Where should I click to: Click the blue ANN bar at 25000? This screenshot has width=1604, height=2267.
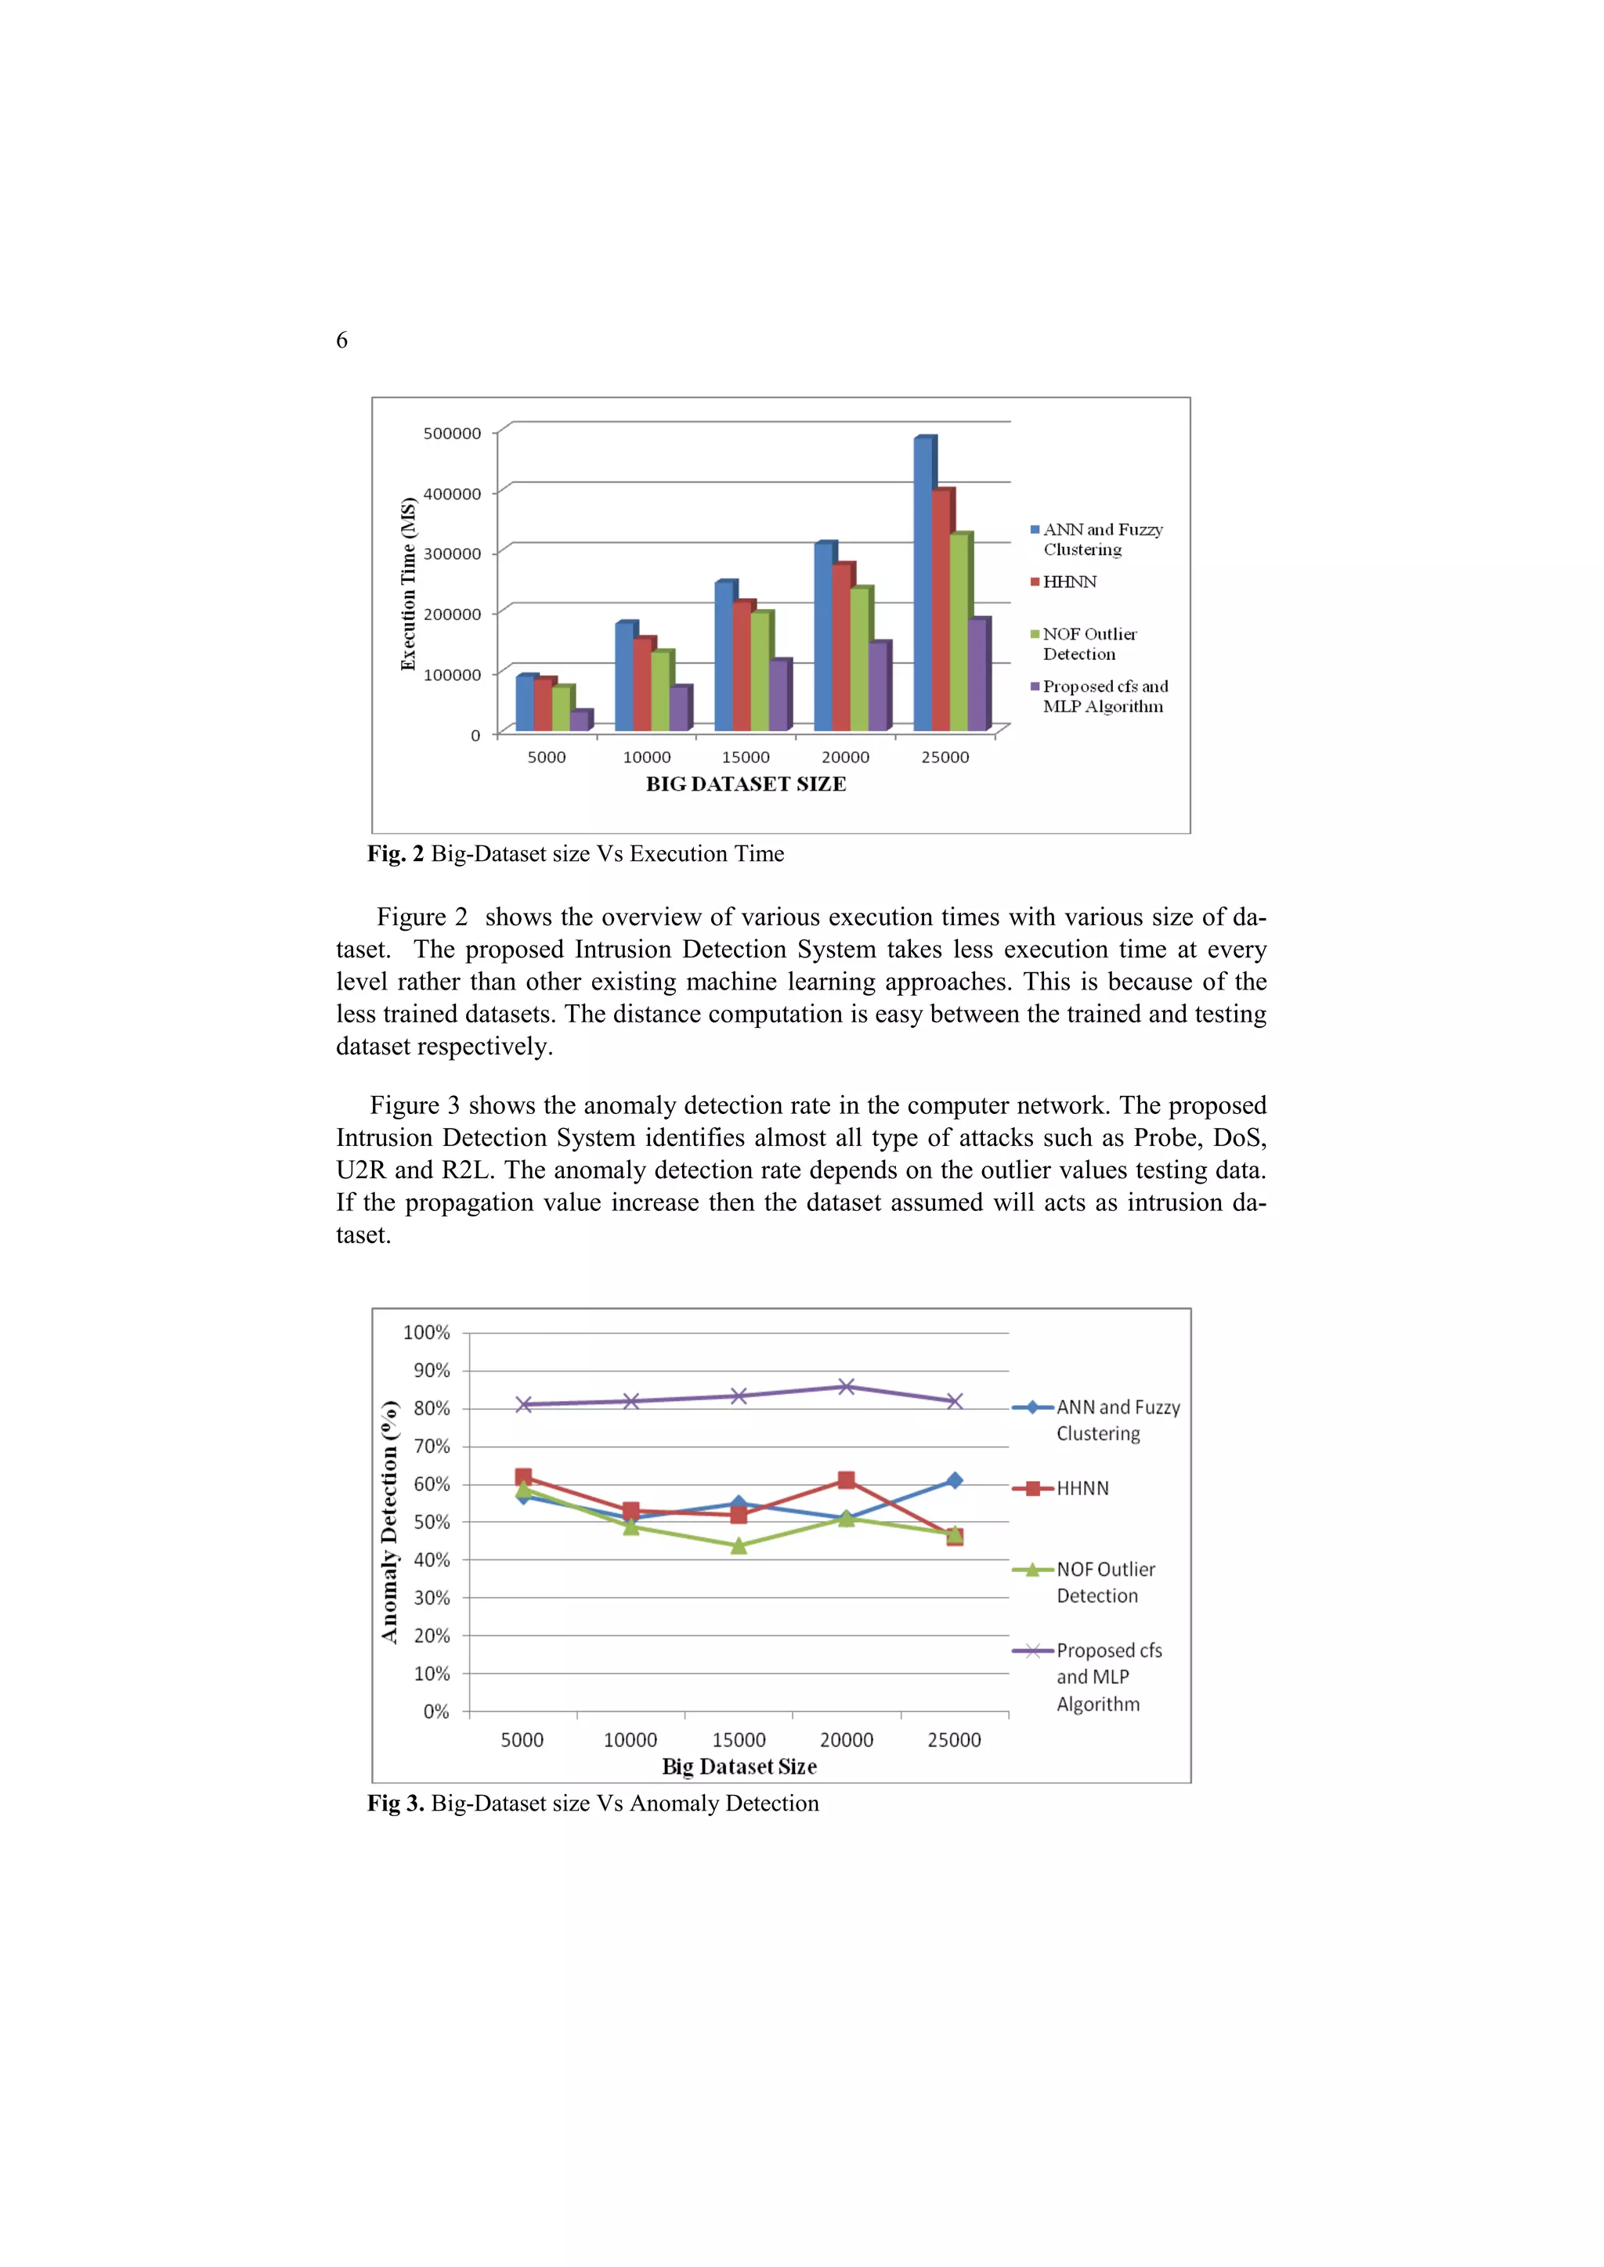923,585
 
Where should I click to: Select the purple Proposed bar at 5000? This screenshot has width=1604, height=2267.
579,722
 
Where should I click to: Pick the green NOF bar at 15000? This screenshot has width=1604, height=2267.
760,672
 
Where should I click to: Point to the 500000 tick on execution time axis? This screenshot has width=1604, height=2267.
453,434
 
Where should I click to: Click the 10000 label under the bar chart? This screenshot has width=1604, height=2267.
646,757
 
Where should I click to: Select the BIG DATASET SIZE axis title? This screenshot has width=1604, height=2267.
746,784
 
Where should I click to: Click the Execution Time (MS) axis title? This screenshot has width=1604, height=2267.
409,585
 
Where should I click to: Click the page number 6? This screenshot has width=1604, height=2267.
341,341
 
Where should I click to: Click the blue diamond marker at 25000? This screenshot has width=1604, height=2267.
954,1480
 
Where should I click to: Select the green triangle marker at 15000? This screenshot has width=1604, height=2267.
738,1546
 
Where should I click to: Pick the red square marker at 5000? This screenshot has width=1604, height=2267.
523,1477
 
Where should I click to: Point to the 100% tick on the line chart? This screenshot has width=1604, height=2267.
427,1333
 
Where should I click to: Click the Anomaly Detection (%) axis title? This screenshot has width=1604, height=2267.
389,1522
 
